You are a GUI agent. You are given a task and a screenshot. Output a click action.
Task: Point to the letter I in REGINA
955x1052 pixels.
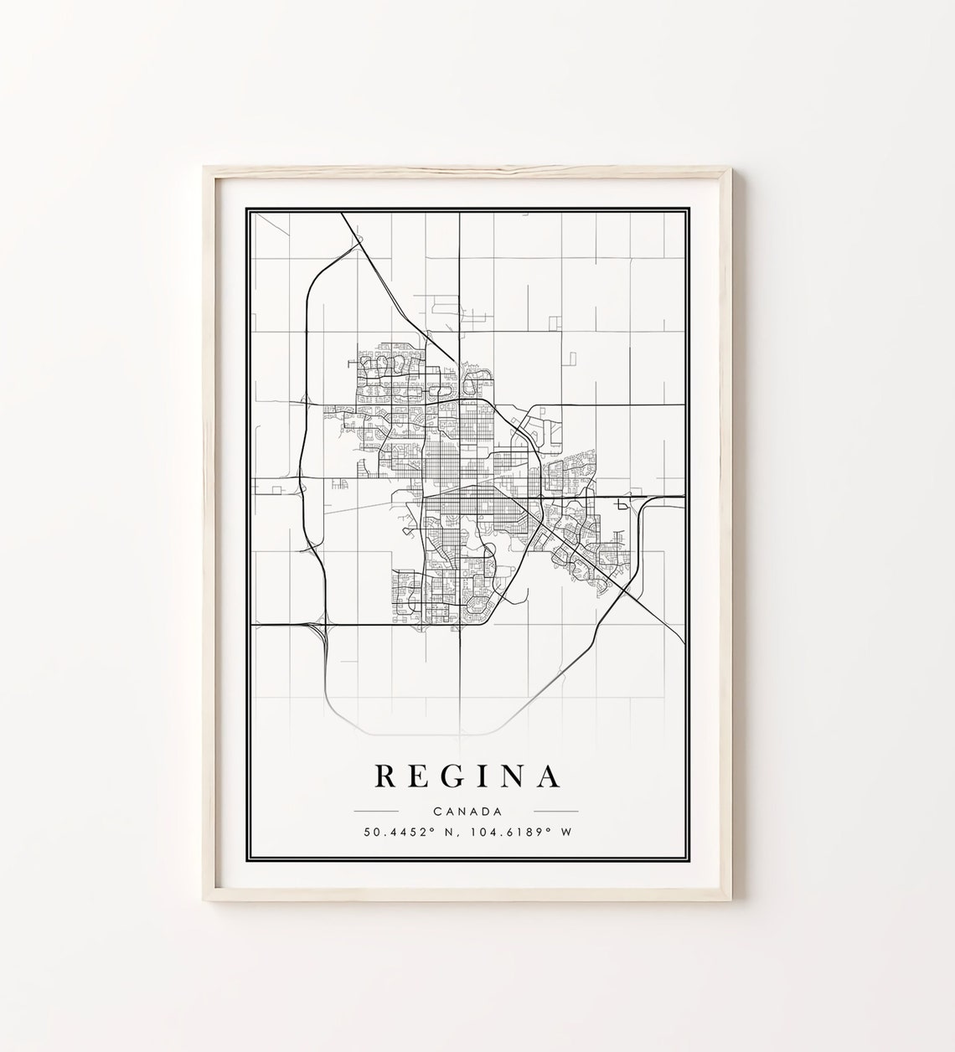tap(487, 776)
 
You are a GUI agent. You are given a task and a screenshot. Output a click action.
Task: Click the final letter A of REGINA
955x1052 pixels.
tap(550, 776)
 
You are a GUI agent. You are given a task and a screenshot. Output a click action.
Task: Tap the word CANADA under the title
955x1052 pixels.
tap(467, 811)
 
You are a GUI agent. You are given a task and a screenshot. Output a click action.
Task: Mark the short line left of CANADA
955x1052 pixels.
tap(376, 812)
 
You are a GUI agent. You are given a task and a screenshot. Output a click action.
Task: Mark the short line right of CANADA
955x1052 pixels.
tap(555, 812)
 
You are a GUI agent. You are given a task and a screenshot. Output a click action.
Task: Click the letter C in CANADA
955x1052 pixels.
tap(438, 811)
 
